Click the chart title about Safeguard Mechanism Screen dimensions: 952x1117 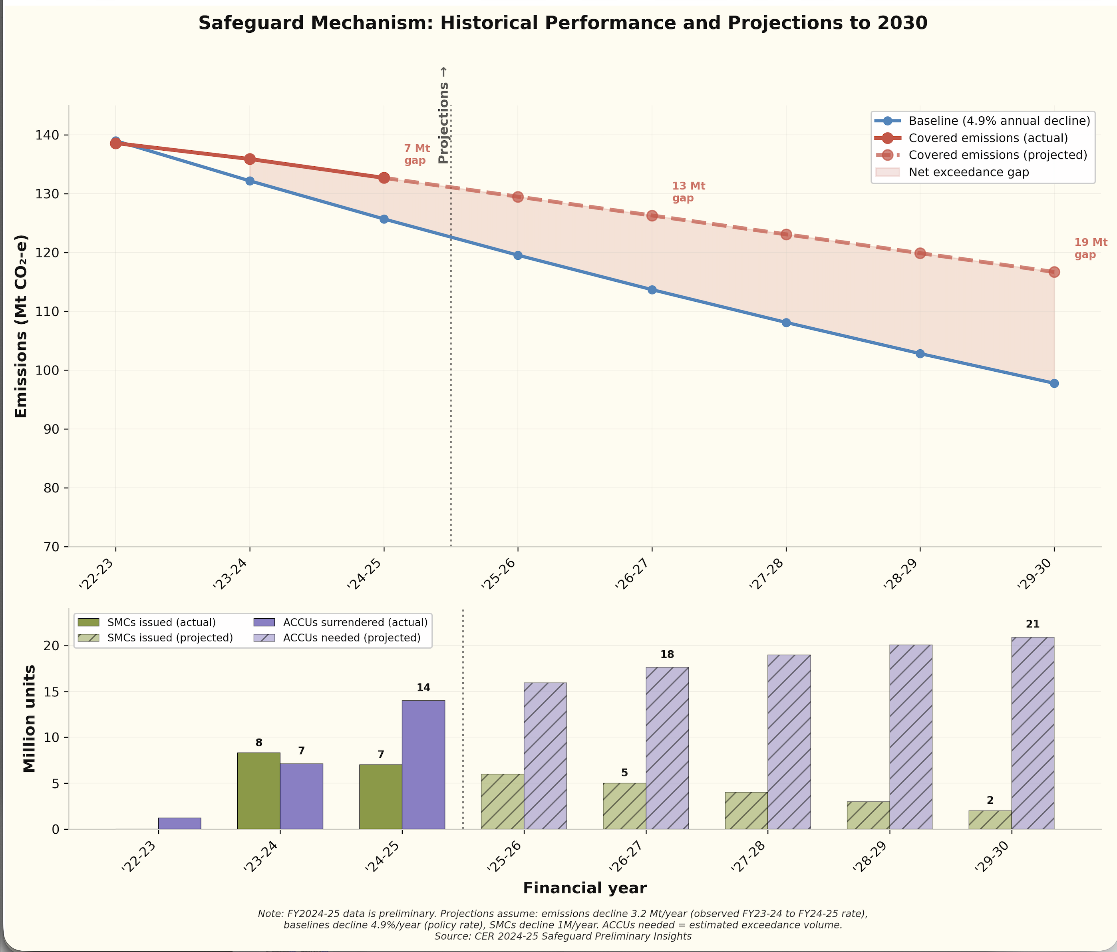pyautogui.click(x=563, y=23)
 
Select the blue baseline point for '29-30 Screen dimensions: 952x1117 pyautogui.click(x=1054, y=383)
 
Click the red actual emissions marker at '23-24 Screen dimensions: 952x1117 pyautogui.click(x=250, y=159)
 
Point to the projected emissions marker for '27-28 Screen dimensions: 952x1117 pyautogui.click(x=786, y=235)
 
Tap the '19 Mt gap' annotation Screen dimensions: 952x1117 pyautogui.click(x=1090, y=249)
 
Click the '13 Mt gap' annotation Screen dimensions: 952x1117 pyautogui.click(x=688, y=192)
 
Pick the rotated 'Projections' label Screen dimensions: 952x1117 pyautogui.click(x=443, y=116)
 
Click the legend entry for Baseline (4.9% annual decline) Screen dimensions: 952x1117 pyautogui.click(x=999, y=121)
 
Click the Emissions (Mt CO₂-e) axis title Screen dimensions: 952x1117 pyautogui.click(x=21, y=326)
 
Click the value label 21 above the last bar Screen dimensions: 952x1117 pyautogui.click(x=1032, y=624)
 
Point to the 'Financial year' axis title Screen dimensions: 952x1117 pyautogui.click(x=584, y=888)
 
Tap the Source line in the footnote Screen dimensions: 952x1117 pyautogui.click(x=563, y=936)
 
